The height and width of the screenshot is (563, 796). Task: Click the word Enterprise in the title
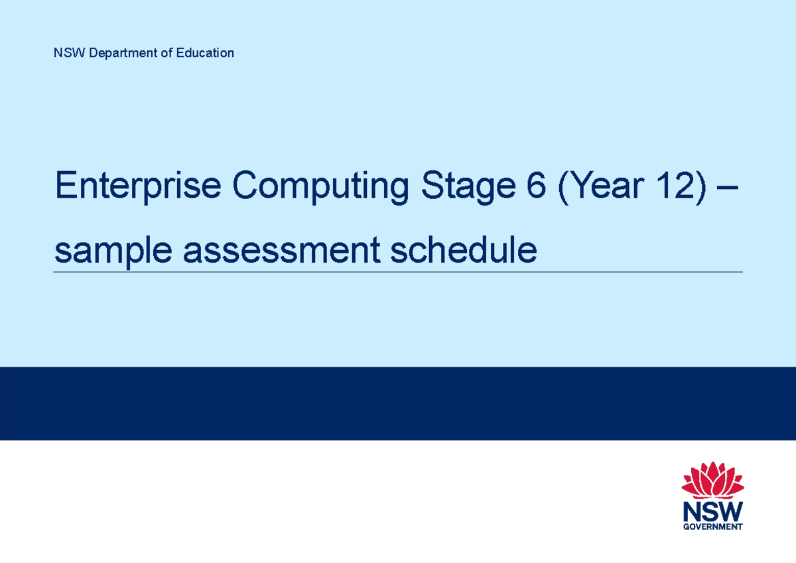[138, 186]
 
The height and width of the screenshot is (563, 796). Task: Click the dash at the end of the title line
[728, 188]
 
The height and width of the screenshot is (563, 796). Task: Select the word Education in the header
[205, 53]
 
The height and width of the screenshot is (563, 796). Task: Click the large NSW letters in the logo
[713, 511]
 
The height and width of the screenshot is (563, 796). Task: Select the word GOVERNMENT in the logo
[713, 527]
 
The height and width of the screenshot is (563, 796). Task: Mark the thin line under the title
[398, 272]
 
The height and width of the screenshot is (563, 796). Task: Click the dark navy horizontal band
[398, 403]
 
